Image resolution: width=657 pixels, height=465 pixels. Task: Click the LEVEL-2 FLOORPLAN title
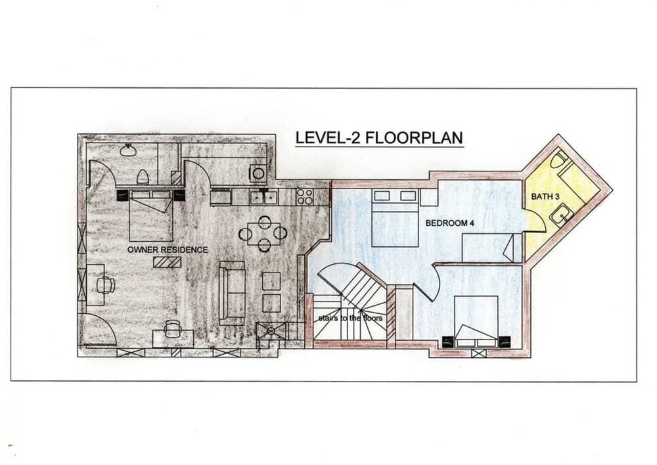click(x=379, y=138)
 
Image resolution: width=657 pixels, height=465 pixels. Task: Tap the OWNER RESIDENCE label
click(x=168, y=250)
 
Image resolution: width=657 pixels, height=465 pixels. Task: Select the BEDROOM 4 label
click(x=449, y=223)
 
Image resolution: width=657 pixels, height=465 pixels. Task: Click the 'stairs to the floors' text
click(x=350, y=318)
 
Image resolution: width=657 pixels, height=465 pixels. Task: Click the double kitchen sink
click(x=263, y=196)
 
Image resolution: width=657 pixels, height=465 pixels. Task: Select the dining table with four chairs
click(x=263, y=233)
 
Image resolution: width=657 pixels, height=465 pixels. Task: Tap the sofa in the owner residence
click(x=232, y=292)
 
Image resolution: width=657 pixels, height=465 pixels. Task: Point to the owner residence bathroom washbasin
click(x=128, y=150)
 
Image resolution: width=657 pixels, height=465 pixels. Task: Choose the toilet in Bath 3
click(x=558, y=160)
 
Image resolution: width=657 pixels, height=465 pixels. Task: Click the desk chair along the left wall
click(x=106, y=284)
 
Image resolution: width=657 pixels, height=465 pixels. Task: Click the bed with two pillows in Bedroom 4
click(x=395, y=218)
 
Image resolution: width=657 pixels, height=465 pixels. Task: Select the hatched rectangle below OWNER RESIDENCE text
click(x=167, y=262)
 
